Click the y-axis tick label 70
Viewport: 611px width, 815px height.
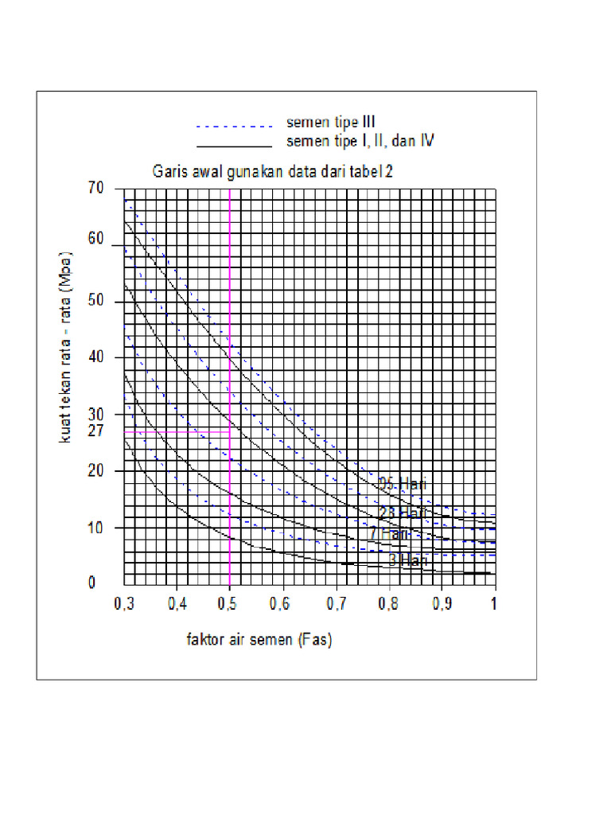pos(95,189)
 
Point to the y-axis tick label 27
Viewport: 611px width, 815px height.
pos(95,431)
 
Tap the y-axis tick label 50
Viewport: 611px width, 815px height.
pos(95,302)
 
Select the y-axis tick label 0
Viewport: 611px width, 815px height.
pos(91,582)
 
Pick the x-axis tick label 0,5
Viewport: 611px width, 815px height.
pos(229,602)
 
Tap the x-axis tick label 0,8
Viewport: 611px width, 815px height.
pos(388,602)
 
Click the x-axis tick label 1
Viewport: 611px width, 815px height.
pos(494,602)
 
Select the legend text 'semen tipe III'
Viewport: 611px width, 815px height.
pos(331,123)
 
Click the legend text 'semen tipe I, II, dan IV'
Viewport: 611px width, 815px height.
pos(360,142)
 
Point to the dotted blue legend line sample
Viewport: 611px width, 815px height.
pos(235,126)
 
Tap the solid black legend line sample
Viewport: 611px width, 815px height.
pos(235,146)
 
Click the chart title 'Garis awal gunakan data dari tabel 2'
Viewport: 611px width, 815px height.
pos(273,171)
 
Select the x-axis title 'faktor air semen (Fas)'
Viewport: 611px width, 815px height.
pos(259,640)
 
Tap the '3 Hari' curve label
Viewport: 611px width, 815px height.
pos(408,560)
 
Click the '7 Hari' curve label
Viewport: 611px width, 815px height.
pos(389,534)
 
